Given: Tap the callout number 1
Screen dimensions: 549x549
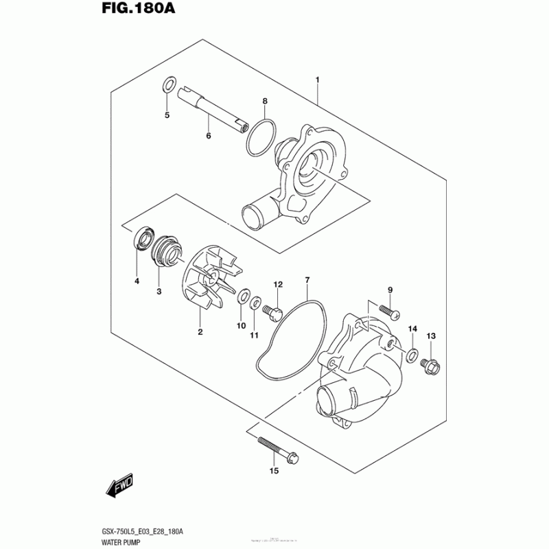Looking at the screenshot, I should (x=318, y=81).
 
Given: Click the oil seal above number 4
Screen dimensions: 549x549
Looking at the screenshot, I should (x=143, y=237).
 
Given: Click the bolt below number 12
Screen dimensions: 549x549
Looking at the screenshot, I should (x=272, y=313).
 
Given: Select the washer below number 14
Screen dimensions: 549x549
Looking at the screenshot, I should (x=411, y=355).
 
